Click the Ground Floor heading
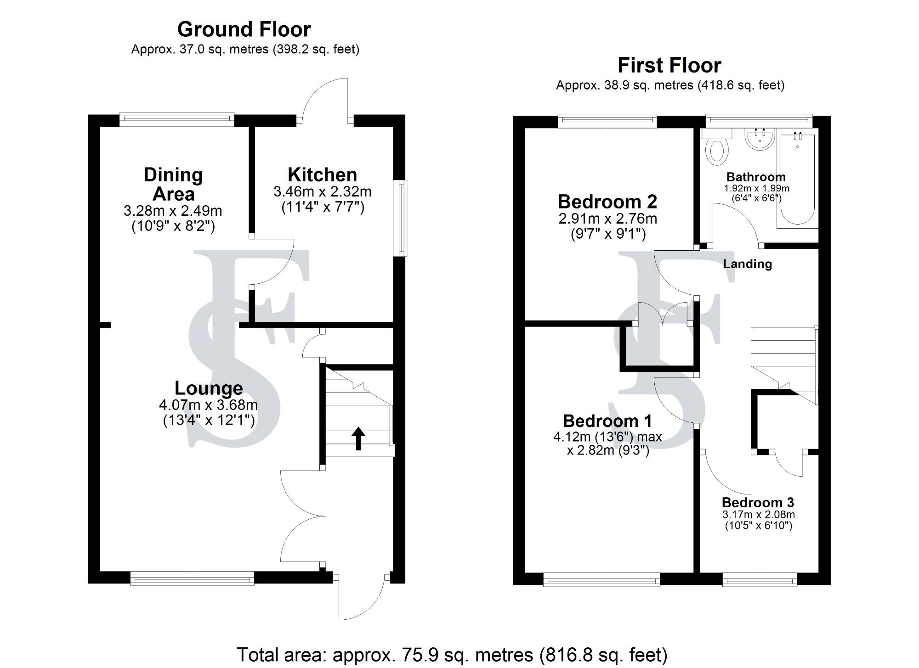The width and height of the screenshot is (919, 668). coord(244,30)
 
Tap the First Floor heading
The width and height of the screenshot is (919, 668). coord(669,66)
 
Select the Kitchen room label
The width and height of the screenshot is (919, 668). coord(322,175)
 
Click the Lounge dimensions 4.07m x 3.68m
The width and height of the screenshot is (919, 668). coord(208,405)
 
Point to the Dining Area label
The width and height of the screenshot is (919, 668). coord(173,184)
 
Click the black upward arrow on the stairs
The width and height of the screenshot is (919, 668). coord(358,438)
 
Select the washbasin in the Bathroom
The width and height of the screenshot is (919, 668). coord(760,138)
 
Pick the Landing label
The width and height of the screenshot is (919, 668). coord(747,264)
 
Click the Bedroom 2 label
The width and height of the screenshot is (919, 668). coord(607,202)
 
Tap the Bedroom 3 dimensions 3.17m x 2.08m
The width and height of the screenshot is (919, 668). coord(759,515)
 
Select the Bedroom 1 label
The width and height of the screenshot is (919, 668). coord(607,421)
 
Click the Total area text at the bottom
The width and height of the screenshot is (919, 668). coord(452,655)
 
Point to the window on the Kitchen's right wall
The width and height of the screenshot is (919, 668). coord(402,218)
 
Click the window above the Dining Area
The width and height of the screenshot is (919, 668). coord(177,120)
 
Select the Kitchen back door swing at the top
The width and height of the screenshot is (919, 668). coord(325,99)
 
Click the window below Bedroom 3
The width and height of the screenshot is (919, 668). coord(760,581)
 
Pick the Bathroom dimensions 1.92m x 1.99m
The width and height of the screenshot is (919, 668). coord(756,188)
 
